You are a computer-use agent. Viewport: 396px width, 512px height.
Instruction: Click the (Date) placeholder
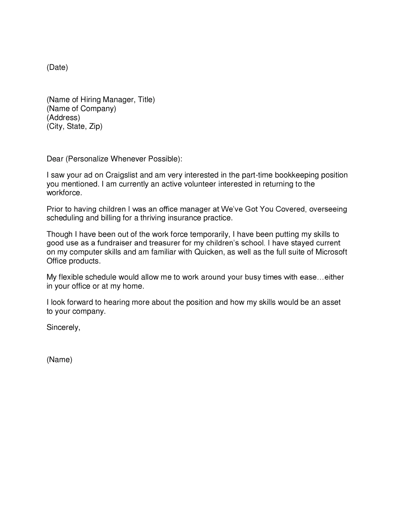pyautogui.click(x=57, y=67)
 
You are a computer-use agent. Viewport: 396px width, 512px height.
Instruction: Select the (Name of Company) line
pyautogui.click(x=81, y=109)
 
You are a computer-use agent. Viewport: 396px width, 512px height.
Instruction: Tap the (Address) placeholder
pyautogui.click(x=63, y=118)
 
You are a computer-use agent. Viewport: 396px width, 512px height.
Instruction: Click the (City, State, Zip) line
pyautogui.click(x=74, y=127)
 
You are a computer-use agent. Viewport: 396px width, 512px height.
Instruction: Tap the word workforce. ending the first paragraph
pyautogui.click(x=64, y=193)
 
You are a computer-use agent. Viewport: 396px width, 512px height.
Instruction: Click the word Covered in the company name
pyautogui.click(x=290, y=209)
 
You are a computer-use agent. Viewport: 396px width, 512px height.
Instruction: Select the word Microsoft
pyautogui.click(x=331, y=252)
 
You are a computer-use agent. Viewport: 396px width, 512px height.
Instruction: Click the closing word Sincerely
pyautogui.click(x=63, y=327)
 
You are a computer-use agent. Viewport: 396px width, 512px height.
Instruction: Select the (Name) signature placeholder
pyautogui.click(x=59, y=360)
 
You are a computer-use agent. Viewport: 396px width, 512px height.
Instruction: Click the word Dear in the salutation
pyautogui.click(x=55, y=159)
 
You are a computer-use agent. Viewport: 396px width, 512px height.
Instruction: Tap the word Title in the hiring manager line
pyautogui.click(x=145, y=100)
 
